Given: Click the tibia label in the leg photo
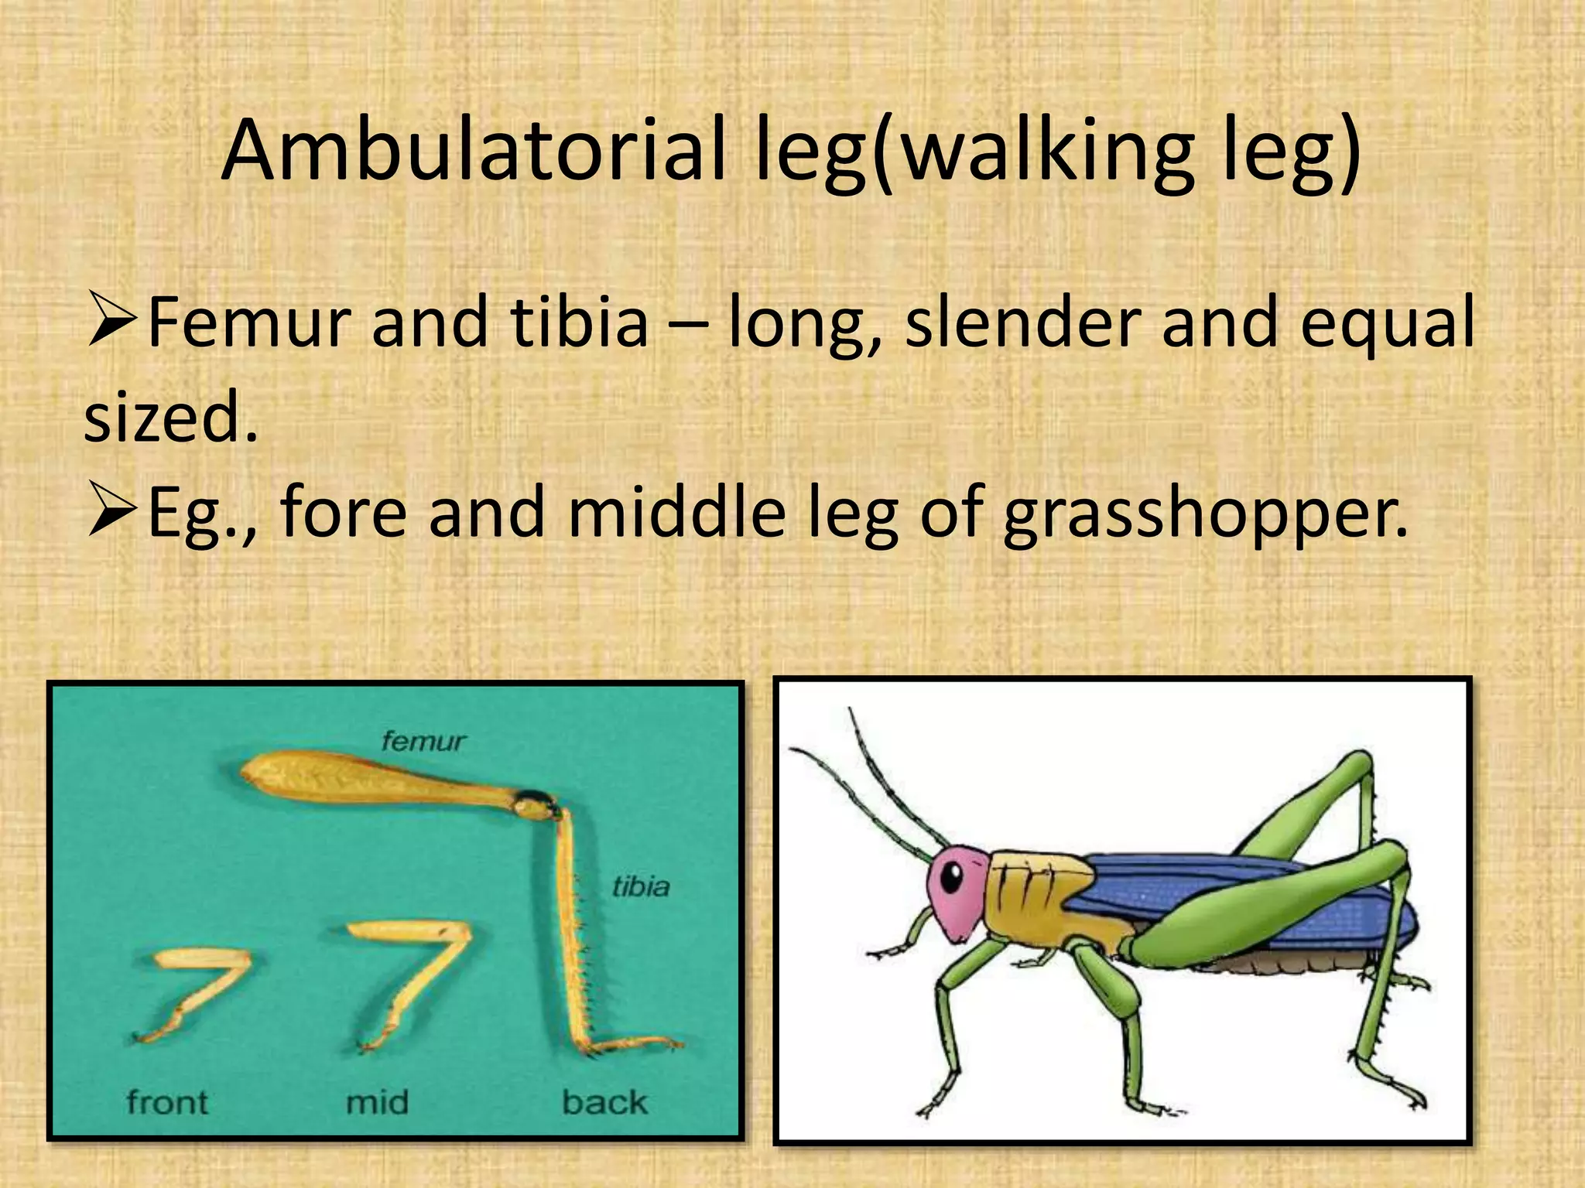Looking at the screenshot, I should [641, 886].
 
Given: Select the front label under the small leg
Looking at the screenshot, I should [167, 1103].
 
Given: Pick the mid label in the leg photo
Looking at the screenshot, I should [377, 1103].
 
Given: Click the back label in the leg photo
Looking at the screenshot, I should [604, 1103].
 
